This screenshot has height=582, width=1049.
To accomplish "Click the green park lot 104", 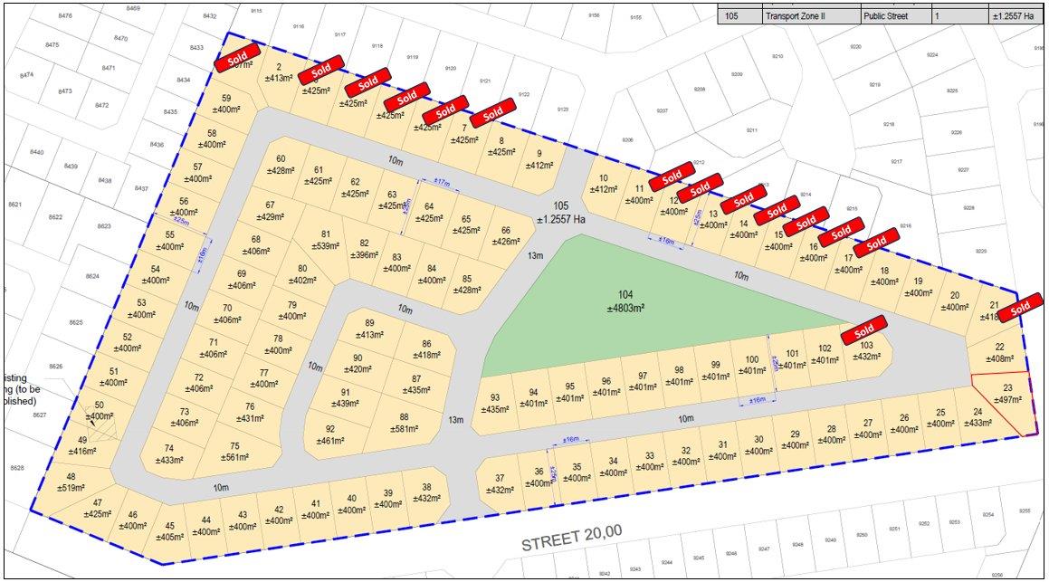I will pyautogui.click(x=625, y=303).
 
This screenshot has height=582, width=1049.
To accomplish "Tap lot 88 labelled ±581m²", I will pyautogui.click(x=404, y=423).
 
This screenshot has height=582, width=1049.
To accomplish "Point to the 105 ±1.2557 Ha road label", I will pyautogui.click(x=561, y=213).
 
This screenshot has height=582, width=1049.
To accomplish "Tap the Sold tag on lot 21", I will pyautogui.click(x=1020, y=307).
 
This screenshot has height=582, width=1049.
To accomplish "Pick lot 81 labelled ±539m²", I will pyautogui.click(x=327, y=240).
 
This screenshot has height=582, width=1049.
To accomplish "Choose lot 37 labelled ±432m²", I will pyautogui.click(x=499, y=484).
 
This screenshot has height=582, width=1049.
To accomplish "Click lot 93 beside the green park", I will pyautogui.click(x=495, y=404).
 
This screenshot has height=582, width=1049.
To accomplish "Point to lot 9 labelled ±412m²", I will pyautogui.click(x=539, y=160).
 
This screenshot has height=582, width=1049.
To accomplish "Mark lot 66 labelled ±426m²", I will pyautogui.click(x=506, y=236).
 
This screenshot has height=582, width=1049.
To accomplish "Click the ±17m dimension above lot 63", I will pyautogui.click(x=441, y=182).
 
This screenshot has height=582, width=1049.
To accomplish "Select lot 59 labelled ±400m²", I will pyautogui.click(x=226, y=104).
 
